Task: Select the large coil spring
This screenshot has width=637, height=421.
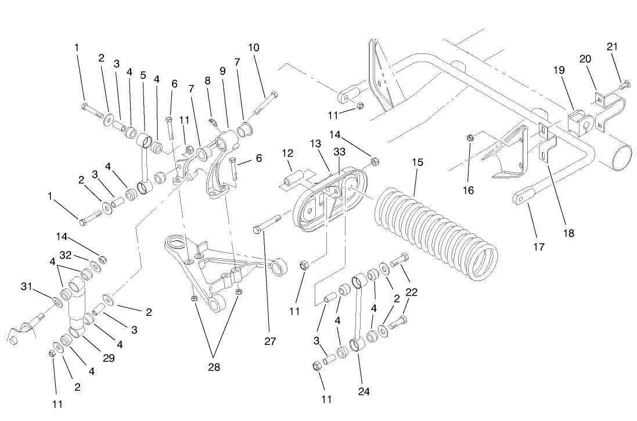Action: point(436,232)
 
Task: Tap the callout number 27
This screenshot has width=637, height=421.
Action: point(269,341)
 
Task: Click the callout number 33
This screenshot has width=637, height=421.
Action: point(339,152)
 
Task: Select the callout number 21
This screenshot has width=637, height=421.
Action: point(613,46)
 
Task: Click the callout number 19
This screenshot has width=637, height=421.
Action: point(559,70)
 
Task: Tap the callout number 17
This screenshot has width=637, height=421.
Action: point(538,246)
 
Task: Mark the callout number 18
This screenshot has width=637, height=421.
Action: point(567,233)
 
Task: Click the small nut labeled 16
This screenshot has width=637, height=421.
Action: point(470,138)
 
